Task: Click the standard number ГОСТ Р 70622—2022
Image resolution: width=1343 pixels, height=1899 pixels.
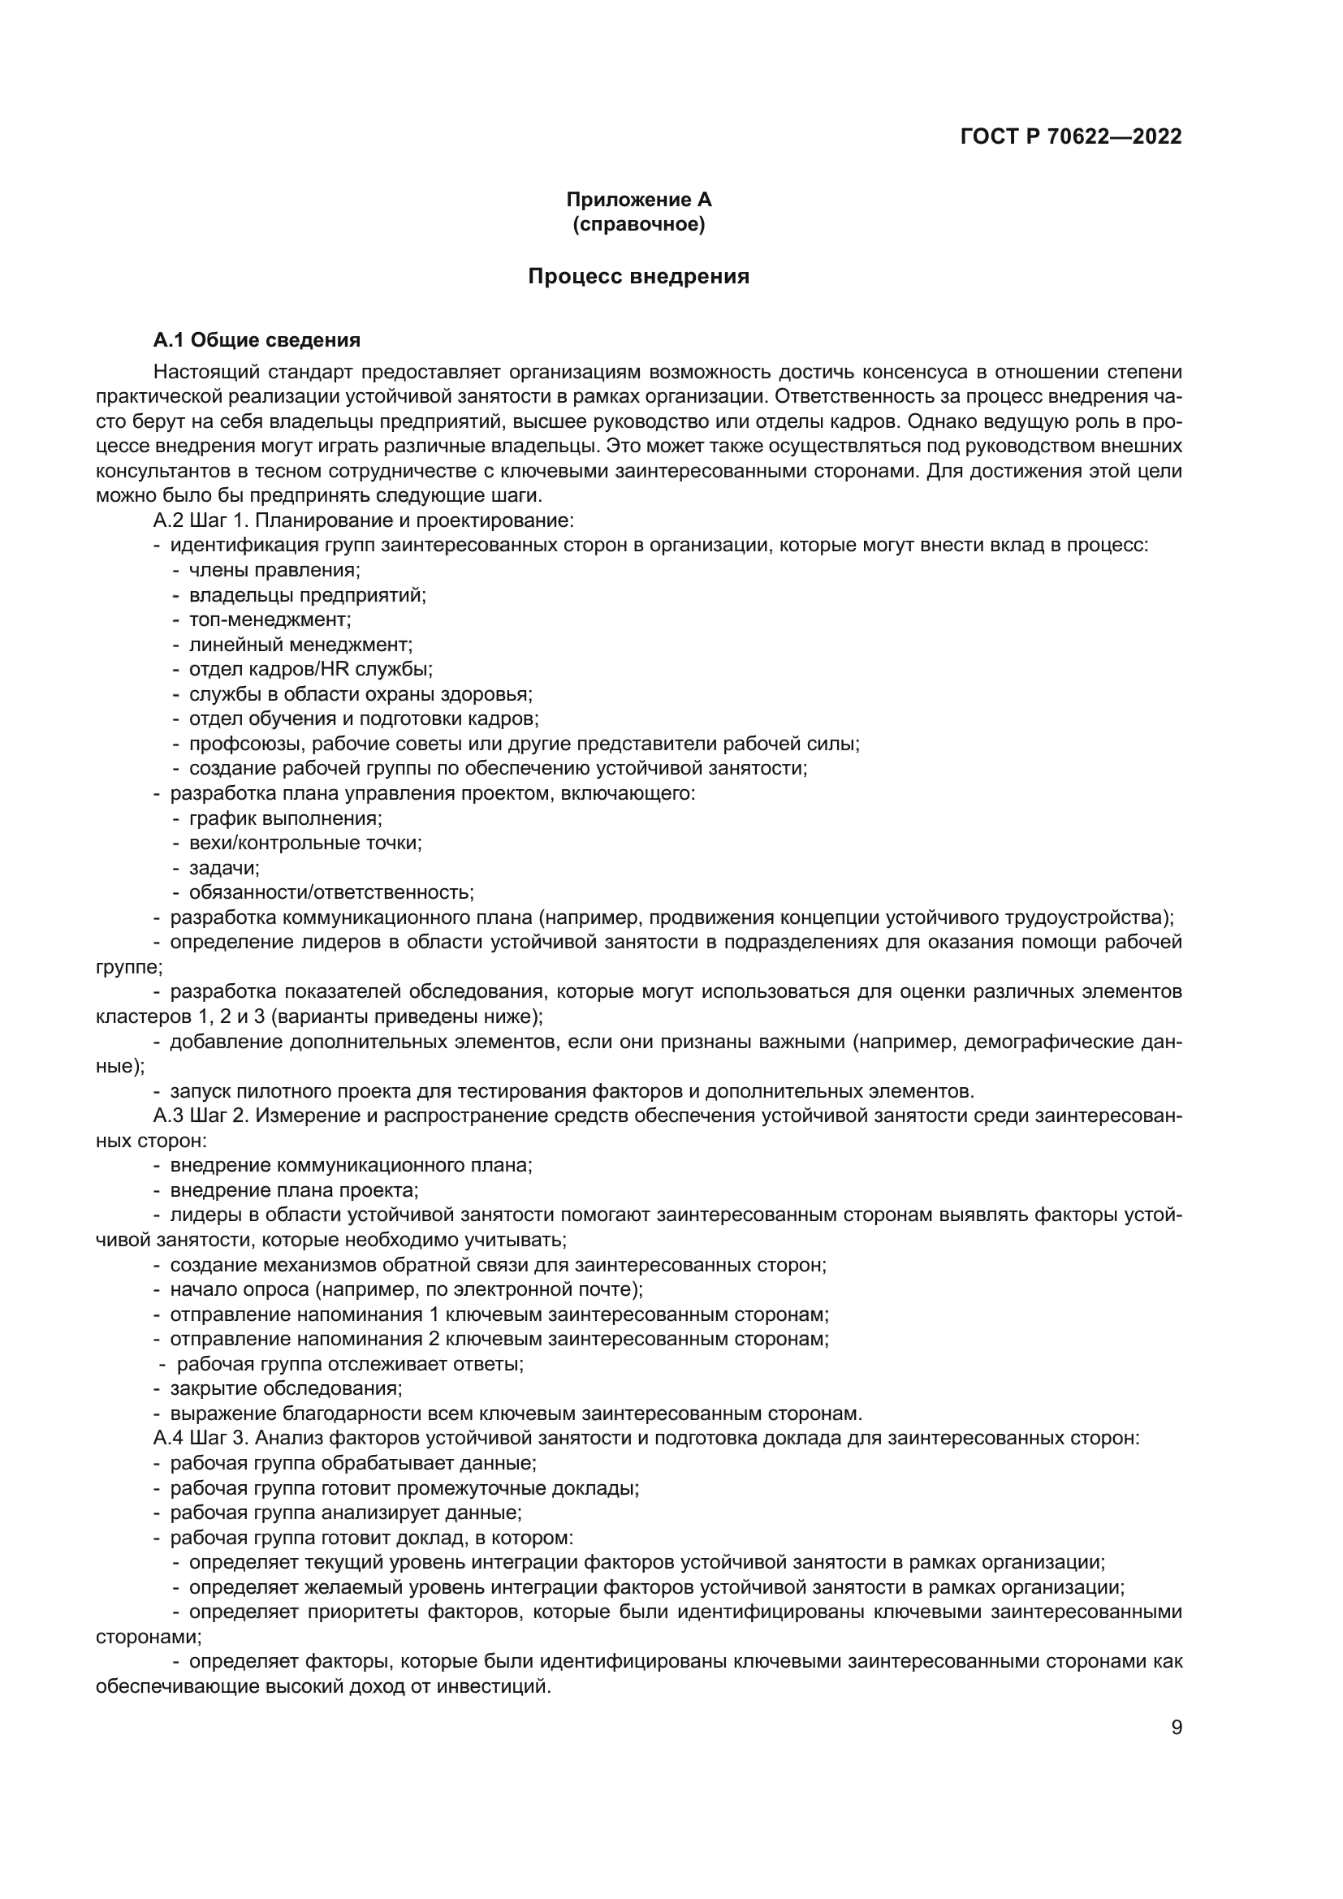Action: [1071, 136]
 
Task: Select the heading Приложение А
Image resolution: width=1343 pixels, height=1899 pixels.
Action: [638, 200]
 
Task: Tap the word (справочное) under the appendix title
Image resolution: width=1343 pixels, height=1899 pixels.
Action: [638, 224]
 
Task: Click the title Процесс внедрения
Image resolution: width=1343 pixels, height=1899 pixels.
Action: [638, 276]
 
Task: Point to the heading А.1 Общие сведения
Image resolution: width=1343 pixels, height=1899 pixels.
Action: [257, 340]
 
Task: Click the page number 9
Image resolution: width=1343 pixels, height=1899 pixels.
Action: [1177, 1728]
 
